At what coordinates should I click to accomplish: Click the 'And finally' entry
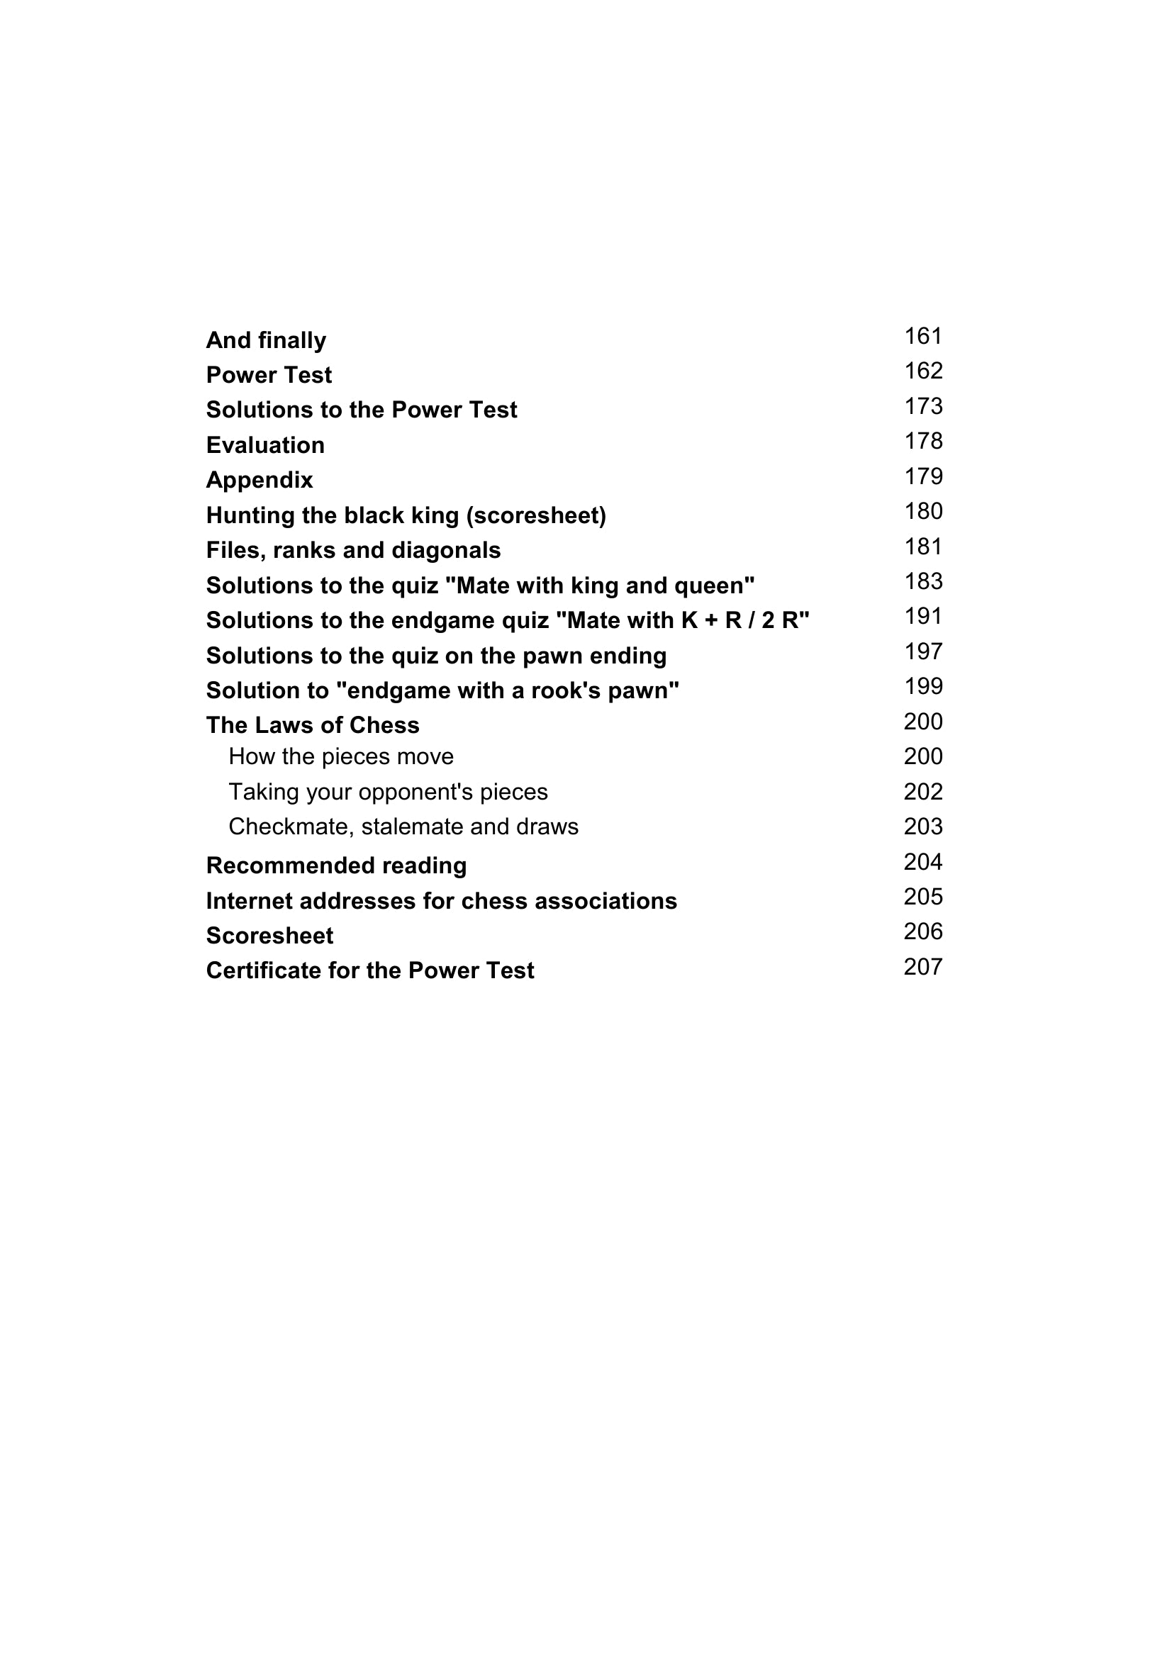tap(266, 340)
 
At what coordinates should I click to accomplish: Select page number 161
tap(923, 336)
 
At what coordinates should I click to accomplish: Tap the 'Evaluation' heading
tap(265, 445)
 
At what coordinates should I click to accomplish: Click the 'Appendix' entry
tap(259, 480)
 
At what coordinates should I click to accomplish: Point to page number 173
tap(923, 406)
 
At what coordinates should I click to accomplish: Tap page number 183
tap(923, 581)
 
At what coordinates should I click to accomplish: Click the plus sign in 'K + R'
tap(713, 620)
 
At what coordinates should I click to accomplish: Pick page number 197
tap(923, 651)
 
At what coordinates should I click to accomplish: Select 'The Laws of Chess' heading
tap(313, 725)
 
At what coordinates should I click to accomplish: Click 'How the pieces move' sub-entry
tap(341, 757)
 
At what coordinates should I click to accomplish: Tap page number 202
tap(923, 792)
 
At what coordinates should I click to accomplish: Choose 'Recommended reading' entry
tap(336, 866)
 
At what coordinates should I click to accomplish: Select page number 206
tap(923, 931)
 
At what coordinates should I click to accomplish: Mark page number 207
tap(923, 967)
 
